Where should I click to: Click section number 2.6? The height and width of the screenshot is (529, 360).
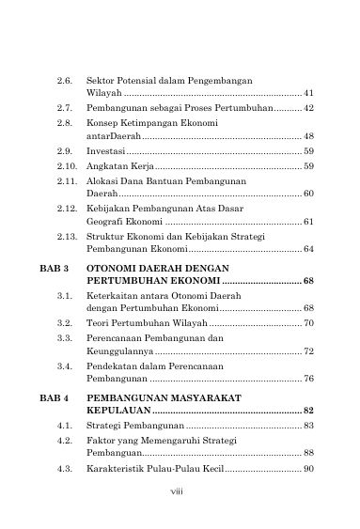tap(65, 81)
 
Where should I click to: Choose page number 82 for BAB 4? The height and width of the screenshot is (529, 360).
tap(308, 412)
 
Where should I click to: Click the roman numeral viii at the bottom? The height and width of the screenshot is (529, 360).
tap(180, 489)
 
